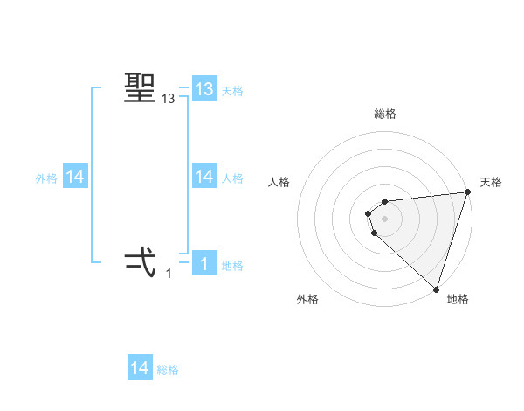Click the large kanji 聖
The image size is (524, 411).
(141, 88)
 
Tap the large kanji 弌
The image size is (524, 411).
(141, 261)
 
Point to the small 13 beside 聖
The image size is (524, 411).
(169, 100)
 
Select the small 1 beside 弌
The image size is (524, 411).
(169, 274)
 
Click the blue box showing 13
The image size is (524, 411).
(204, 89)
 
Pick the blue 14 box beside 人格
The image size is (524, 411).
(204, 177)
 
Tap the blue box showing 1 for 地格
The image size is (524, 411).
(204, 263)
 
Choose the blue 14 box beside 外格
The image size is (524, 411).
(75, 177)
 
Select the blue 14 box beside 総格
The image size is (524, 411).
(140, 368)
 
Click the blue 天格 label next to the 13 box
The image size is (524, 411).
(232, 90)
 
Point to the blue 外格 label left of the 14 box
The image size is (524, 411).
(46, 178)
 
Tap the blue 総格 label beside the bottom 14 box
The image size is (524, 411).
(168, 370)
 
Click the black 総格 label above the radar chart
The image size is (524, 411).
(385, 114)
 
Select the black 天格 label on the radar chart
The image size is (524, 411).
(491, 182)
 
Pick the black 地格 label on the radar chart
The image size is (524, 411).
(457, 300)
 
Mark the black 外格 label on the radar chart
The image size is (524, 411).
(307, 300)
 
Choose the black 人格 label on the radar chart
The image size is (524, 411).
(279, 182)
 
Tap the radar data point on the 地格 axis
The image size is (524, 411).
(436, 289)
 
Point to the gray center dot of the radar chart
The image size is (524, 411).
(384, 218)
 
